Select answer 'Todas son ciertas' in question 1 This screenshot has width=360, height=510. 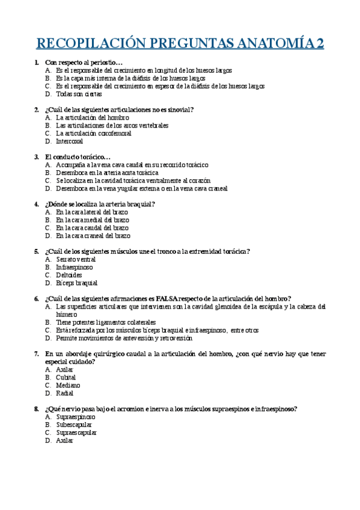click(x=79, y=94)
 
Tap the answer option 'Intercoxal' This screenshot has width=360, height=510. click(x=70, y=141)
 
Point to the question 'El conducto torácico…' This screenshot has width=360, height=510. click(x=78, y=156)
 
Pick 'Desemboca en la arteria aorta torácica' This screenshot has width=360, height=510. click(x=107, y=172)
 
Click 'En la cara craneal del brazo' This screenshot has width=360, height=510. click(x=93, y=236)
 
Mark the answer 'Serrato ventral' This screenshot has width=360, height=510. click(x=76, y=259)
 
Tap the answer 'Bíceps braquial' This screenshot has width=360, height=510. click(x=76, y=283)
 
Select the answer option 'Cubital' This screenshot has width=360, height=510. click(x=66, y=377)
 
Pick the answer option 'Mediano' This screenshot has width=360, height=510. click(x=67, y=385)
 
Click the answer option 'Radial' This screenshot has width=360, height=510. click(x=64, y=393)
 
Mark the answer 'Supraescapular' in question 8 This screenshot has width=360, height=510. click(x=76, y=432)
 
